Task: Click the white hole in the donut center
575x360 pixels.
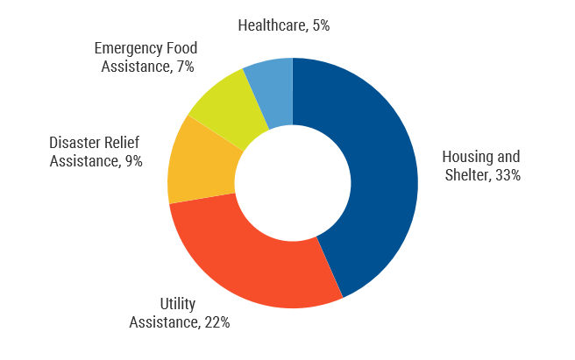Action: [x=292, y=183]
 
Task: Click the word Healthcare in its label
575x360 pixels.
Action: [x=272, y=25]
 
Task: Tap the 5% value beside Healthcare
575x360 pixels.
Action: [x=320, y=25]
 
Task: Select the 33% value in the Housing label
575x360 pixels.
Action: [x=507, y=174]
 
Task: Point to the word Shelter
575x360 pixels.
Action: [x=465, y=174]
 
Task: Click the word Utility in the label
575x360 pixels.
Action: [x=178, y=305]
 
